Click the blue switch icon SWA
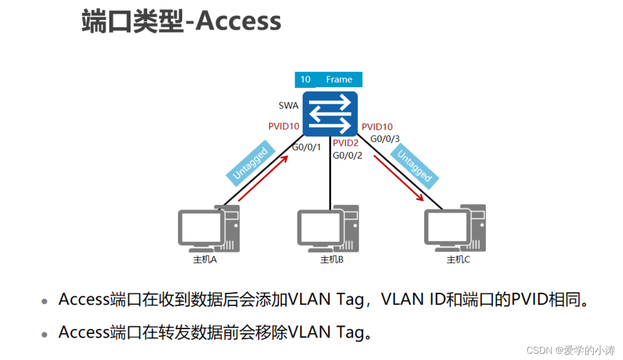[330, 114]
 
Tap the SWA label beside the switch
[289, 105]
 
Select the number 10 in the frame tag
[306, 80]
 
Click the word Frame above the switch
[339, 80]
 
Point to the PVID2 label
[345, 143]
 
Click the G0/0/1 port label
[307, 147]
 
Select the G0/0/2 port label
[347, 155]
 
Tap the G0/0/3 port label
[386, 138]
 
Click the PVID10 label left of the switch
[284, 127]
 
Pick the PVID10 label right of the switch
[377, 127]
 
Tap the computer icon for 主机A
[207, 229]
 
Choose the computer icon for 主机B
[327, 229]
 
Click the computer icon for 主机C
[454, 229]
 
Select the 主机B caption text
[332, 260]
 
